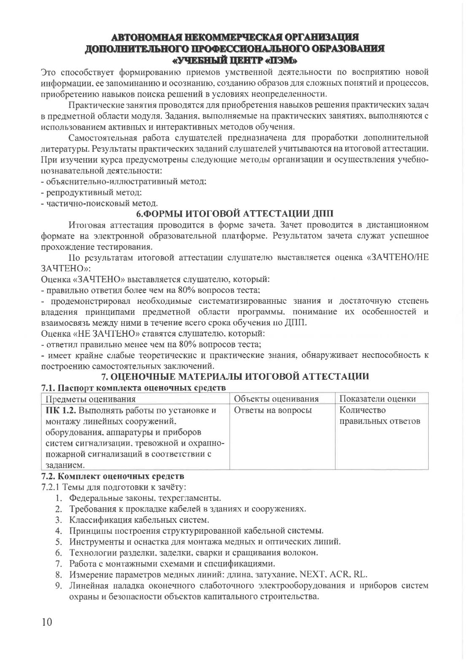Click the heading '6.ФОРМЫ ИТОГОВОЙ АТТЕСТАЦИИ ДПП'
(x=234, y=213)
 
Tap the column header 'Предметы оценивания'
(x=91, y=399)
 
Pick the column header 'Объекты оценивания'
(x=276, y=399)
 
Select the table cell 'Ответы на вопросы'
(x=272, y=410)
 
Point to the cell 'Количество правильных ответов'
(x=379, y=416)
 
